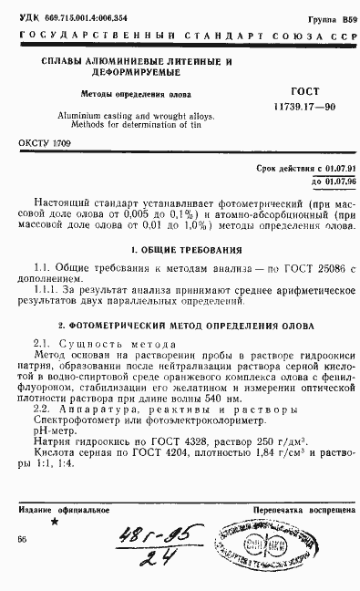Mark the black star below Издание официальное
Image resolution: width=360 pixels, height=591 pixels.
coord(54,522)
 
